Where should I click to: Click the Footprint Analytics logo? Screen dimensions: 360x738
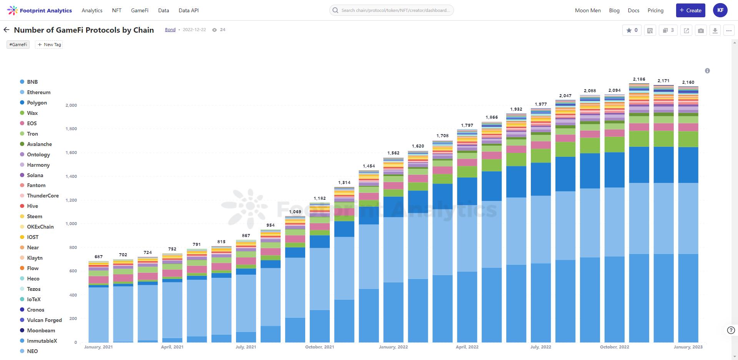(x=40, y=10)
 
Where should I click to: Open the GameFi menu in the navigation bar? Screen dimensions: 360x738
(x=140, y=10)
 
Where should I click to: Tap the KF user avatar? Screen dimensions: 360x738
(x=720, y=10)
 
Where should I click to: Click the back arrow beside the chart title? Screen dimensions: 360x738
(x=7, y=30)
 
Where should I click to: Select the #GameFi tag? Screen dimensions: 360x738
(x=18, y=45)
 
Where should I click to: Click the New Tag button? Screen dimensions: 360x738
(x=49, y=45)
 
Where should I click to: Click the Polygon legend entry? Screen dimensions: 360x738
(x=37, y=103)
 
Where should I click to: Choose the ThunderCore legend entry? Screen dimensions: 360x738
(x=43, y=196)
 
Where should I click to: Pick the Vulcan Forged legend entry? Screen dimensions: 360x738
(x=44, y=320)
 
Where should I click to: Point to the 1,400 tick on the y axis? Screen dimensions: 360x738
(x=71, y=176)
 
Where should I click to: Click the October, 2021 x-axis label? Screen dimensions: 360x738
(x=319, y=347)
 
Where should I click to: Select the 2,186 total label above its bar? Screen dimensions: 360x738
(x=639, y=79)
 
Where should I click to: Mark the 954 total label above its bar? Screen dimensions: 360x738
(x=271, y=225)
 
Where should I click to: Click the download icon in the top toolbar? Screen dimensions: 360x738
(x=715, y=30)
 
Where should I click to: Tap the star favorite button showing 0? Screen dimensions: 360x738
(x=632, y=30)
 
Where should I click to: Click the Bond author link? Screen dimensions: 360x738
(x=170, y=30)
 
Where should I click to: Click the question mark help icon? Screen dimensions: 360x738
(x=731, y=330)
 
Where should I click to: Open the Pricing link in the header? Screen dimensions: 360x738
(x=655, y=10)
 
